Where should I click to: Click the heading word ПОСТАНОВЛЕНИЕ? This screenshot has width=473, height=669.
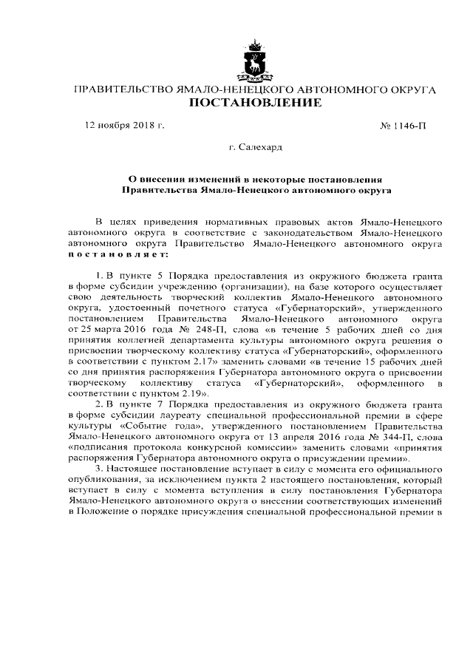(x=256, y=103)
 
